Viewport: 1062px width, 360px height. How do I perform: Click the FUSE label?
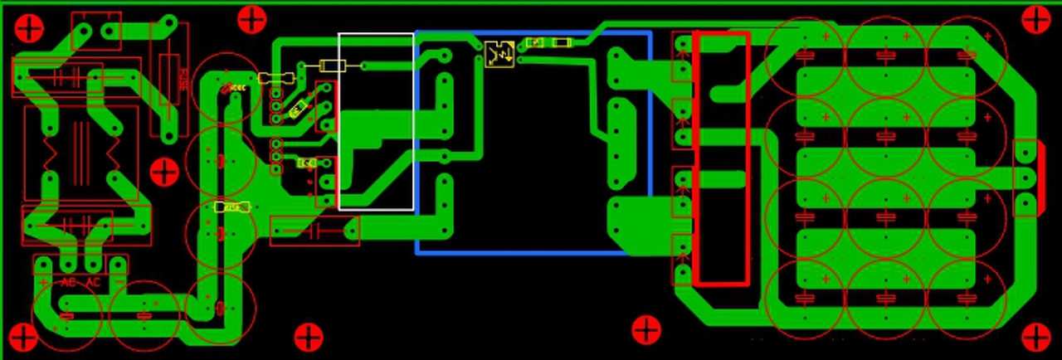pos(182,80)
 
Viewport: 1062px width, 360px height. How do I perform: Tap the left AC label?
pos(68,283)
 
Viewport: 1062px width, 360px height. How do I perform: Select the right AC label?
pos(93,283)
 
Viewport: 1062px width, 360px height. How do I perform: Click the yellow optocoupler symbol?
pos(499,54)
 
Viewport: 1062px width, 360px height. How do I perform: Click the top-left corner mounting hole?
pos(29,28)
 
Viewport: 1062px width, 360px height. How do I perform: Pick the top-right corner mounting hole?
pos(1035,19)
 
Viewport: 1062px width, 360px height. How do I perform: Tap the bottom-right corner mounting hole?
pos(1035,338)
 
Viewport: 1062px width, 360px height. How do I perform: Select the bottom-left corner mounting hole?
pos(23,338)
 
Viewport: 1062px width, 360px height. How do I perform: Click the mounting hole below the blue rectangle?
pos(646,330)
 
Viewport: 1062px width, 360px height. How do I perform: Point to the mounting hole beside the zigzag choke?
pos(164,173)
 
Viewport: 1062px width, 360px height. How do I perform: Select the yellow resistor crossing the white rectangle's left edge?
pos(333,66)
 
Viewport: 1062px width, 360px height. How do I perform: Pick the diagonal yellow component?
pos(299,108)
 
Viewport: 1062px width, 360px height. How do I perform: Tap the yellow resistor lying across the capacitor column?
pos(231,207)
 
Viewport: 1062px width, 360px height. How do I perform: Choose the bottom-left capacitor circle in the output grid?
pos(804,299)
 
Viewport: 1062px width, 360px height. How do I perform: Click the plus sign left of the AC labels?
pos(43,283)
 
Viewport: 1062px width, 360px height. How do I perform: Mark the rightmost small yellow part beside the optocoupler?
pos(562,42)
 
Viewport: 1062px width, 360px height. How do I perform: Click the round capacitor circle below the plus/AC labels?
pos(66,315)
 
